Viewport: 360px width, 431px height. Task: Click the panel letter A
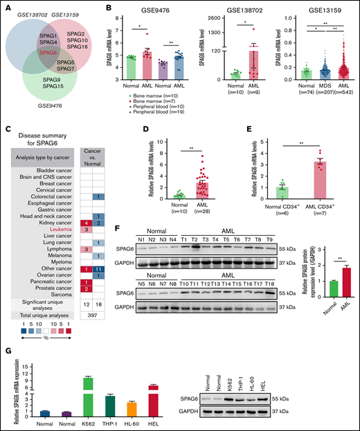[x=5, y=6]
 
